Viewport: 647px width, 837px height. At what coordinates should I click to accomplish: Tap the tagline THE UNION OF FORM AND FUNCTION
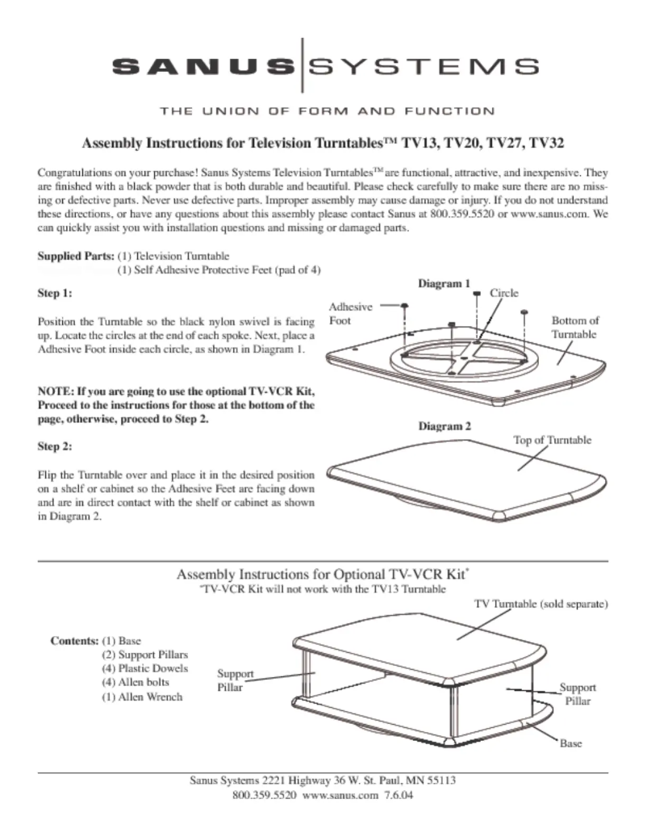pos(327,111)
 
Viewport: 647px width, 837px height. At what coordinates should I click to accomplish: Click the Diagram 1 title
pos(443,284)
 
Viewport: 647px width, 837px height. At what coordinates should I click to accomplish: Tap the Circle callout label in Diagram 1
pos(504,293)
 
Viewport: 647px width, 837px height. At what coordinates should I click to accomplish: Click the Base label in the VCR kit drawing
pos(570,743)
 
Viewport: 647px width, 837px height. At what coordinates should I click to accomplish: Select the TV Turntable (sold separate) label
pos(539,605)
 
